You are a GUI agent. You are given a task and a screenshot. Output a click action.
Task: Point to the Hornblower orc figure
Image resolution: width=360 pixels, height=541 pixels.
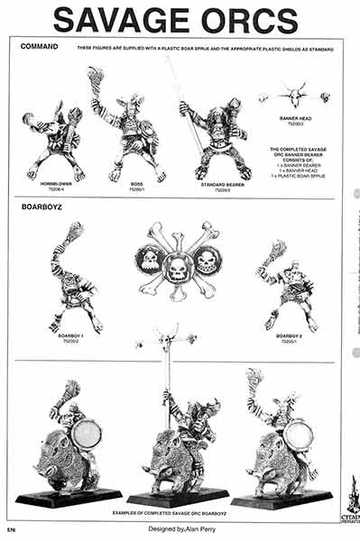54,140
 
